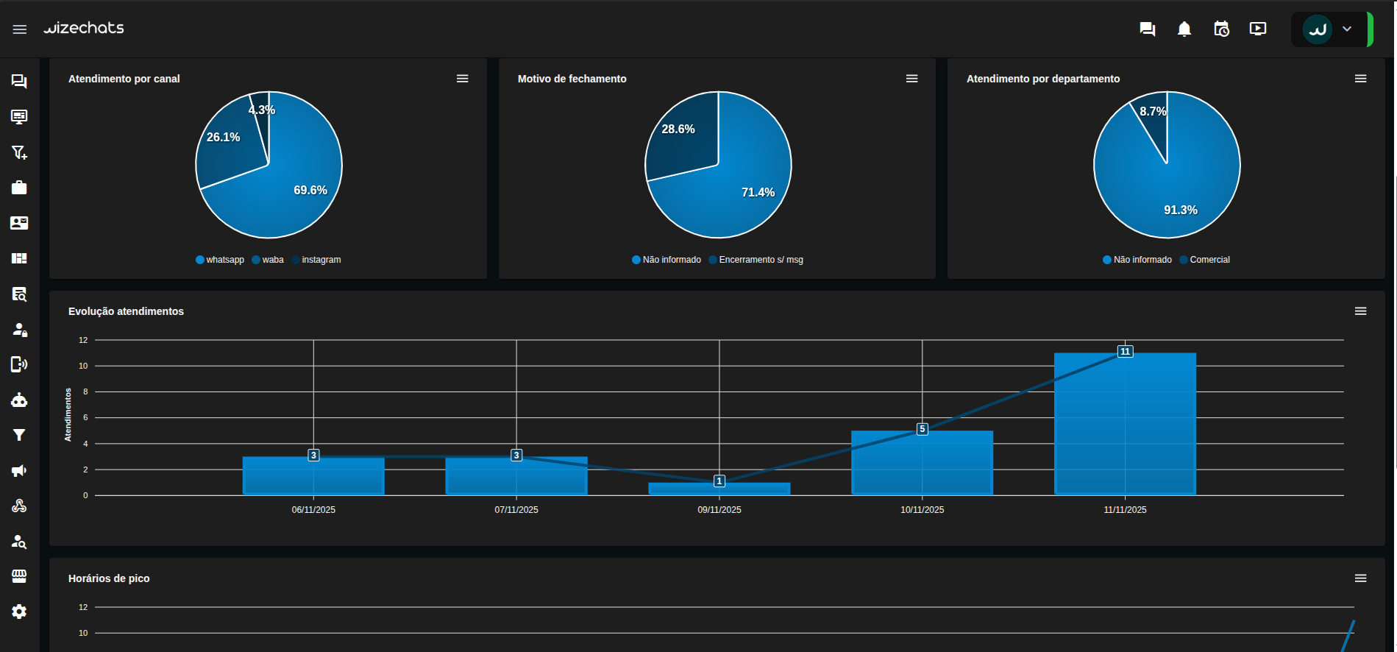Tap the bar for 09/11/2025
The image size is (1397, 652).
pyautogui.click(x=719, y=489)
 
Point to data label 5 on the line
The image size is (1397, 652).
pyautogui.click(x=922, y=429)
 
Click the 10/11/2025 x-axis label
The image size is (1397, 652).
pyautogui.click(x=922, y=510)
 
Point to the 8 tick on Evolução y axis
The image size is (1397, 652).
pyautogui.click(x=85, y=391)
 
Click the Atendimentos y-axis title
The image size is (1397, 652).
pyautogui.click(x=68, y=414)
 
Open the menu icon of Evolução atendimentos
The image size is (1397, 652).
pyautogui.click(x=1360, y=311)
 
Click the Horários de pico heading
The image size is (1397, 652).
pyautogui.click(x=109, y=578)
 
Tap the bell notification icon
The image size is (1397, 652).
pyautogui.click(x=1184, y=29)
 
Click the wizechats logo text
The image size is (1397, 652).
pyautogui.click(x=84, y=28)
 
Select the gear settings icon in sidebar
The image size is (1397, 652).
pyautogui.click(x=19, y=612)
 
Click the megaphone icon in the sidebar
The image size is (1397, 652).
pyautogui.click(x=19, y=470)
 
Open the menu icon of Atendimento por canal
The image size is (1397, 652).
pyautogui.click(x=462, y=79)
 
